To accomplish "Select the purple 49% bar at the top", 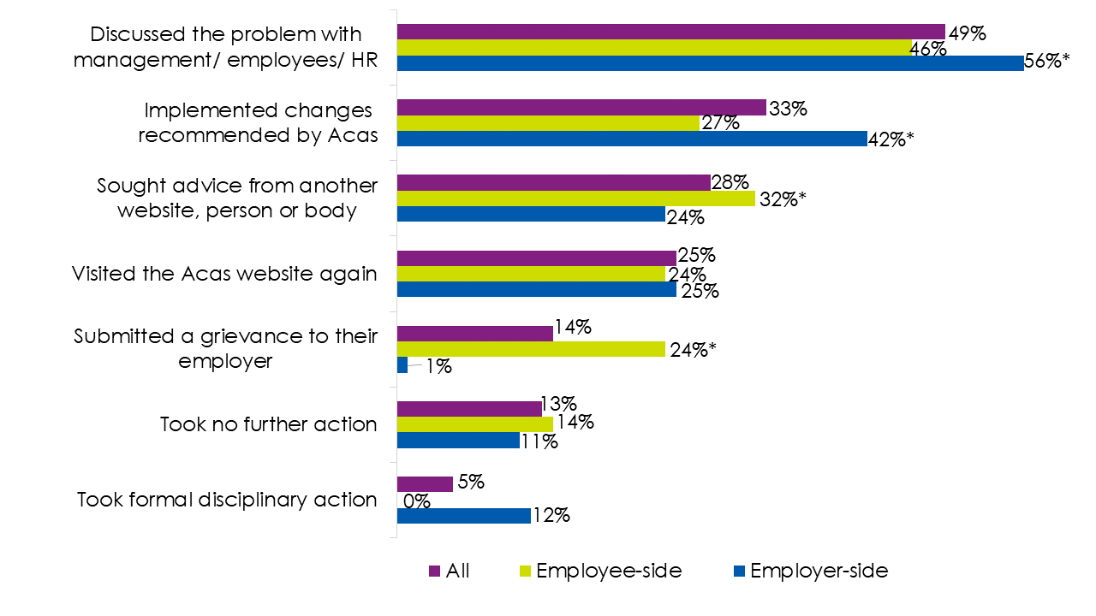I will pyautogui.click(x=670, y=32).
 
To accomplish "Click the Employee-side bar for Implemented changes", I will pyautogui.click(x=548, y=123).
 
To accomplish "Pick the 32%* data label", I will pyautogui.click(x=783, y=199).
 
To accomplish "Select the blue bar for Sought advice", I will pyautogui.click(x=531, y=214).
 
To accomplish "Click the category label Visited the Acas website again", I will pyautogui.click(x=224, y=274).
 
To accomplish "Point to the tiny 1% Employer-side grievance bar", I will pyautogui.click(x=402, y=364).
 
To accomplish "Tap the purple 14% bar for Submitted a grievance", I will pyautogui.click(x=474, y=333).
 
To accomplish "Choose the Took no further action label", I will pyautogui.click(x=268, y=424).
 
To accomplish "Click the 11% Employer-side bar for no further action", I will pyautogui.click(x=457, y=440).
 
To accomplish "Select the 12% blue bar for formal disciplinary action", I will pyautogui.click(x=463, y=515).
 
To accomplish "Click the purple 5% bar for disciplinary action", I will pyautogui.click(x=425, y=484).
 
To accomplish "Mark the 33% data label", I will pyautogui.click(x=788, y=109).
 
